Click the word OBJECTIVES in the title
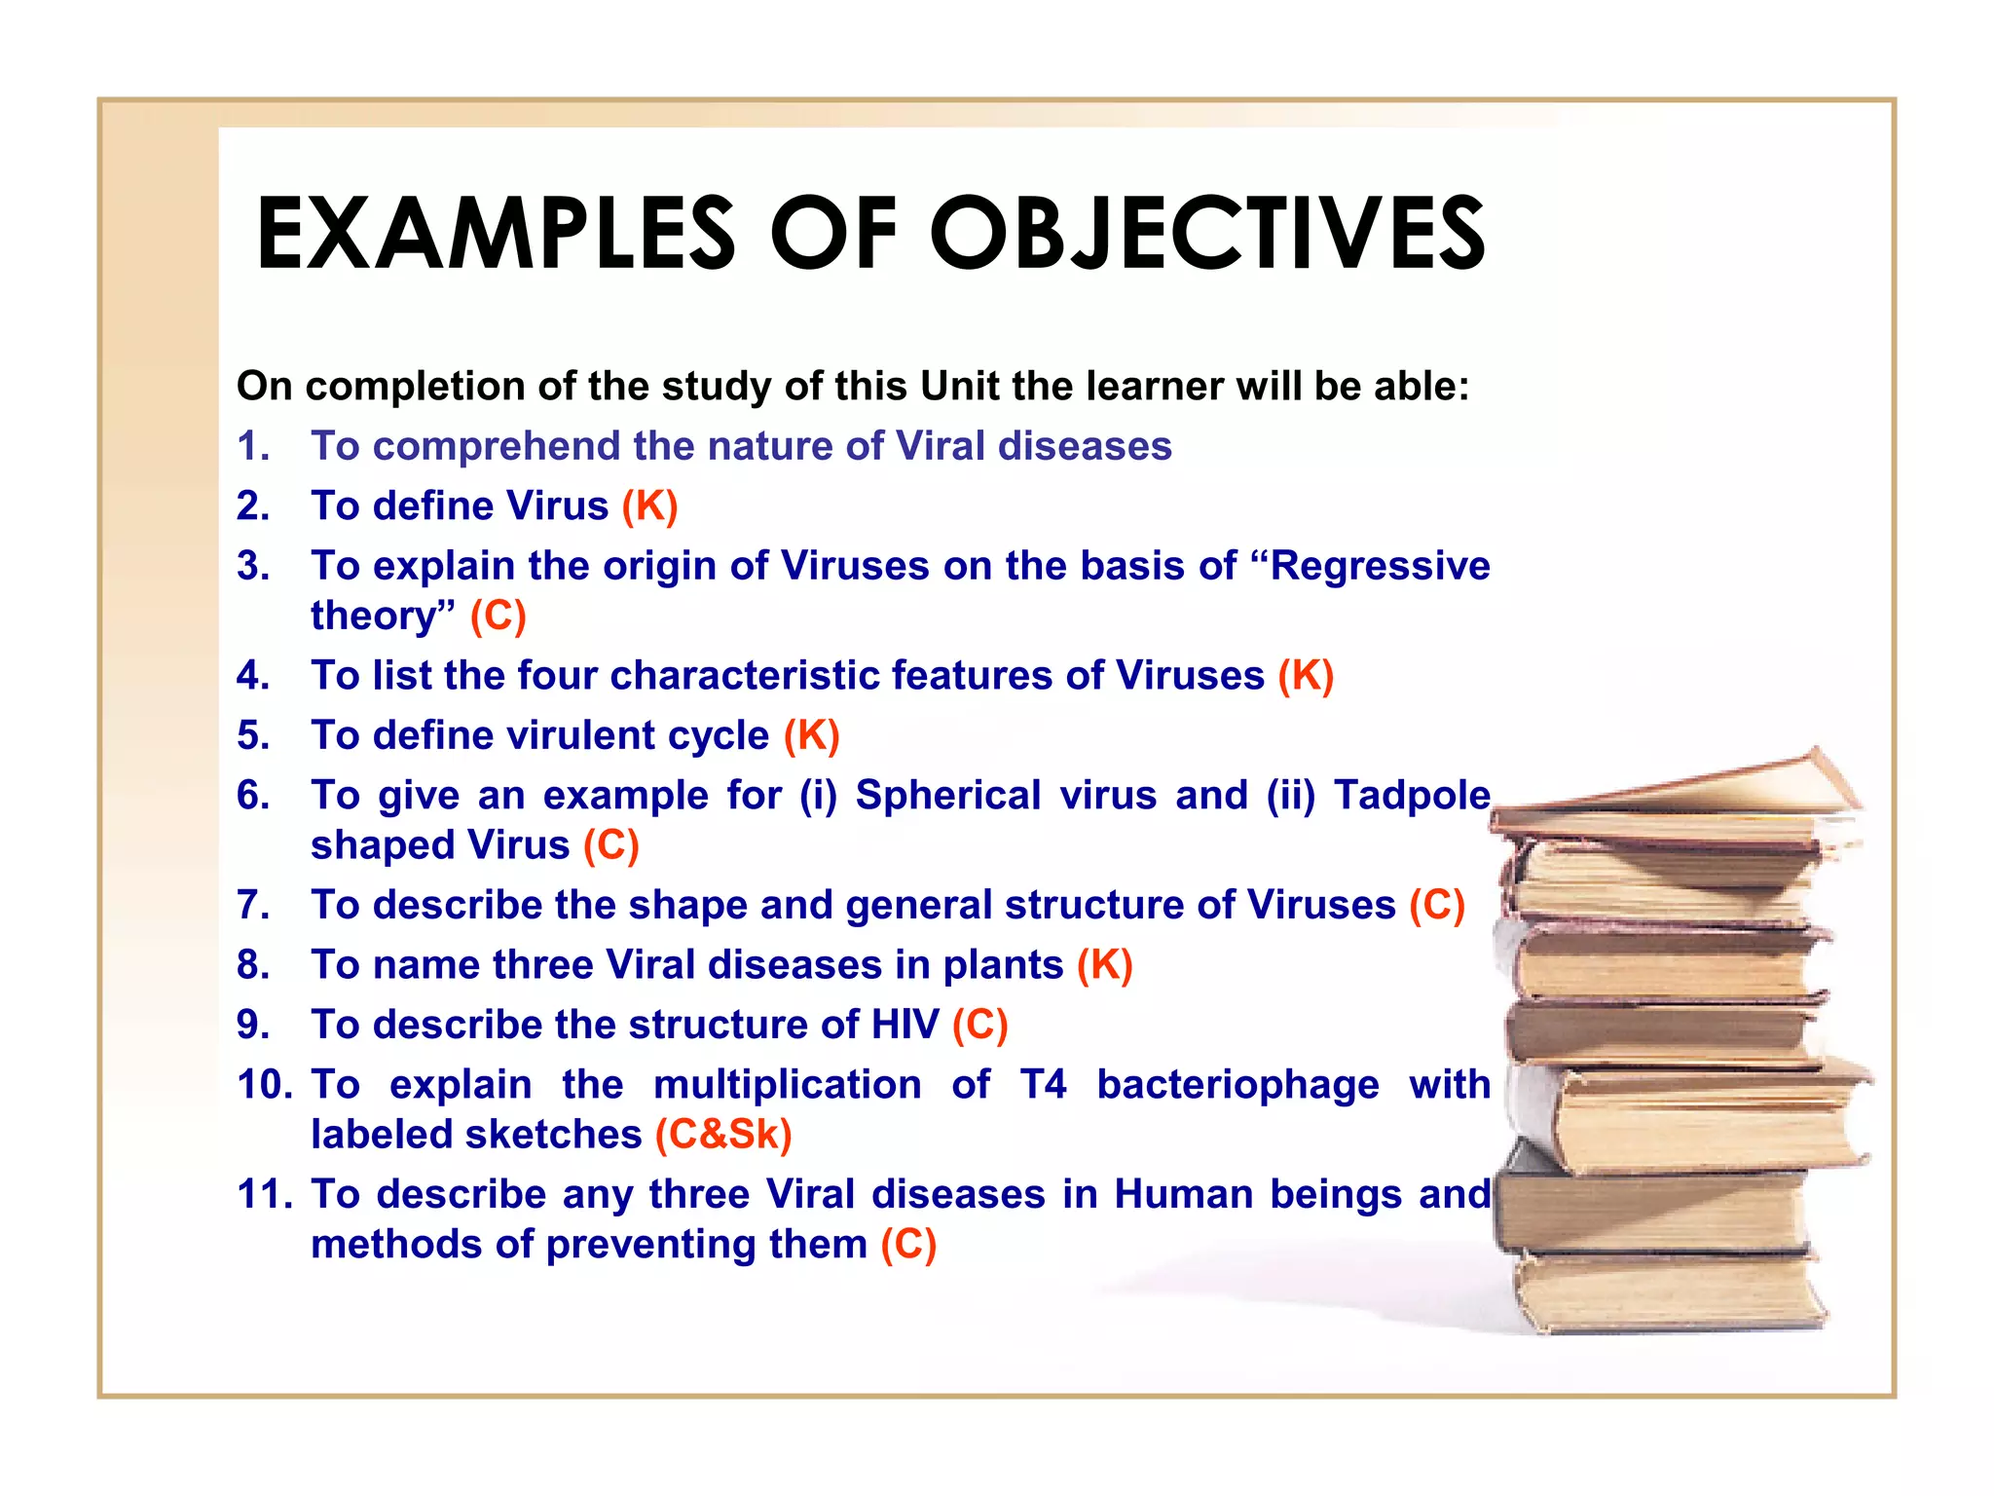coord(1207,234)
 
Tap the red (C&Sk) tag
coord(723,1135)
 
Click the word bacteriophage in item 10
coord(1237,1084)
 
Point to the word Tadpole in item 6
coord(1411,795)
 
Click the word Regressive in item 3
coord(1380,566)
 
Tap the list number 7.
coord(252,905)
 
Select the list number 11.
coord(264,1194)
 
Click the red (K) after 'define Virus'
coord(649,506)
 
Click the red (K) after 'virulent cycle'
coord(811,735)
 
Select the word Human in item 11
coord(1183,1194)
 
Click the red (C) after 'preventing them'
coord(908,1245)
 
